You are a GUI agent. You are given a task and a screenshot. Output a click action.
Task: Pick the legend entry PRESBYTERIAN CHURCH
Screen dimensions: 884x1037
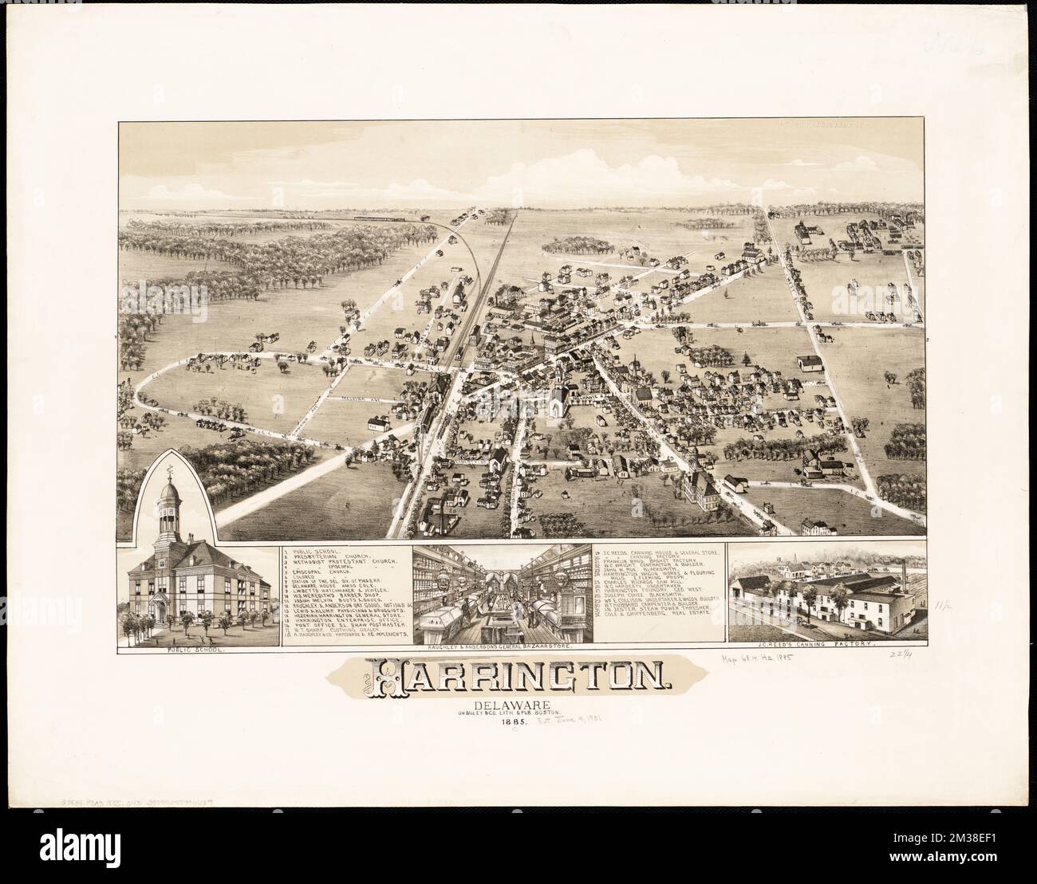point(335,558)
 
